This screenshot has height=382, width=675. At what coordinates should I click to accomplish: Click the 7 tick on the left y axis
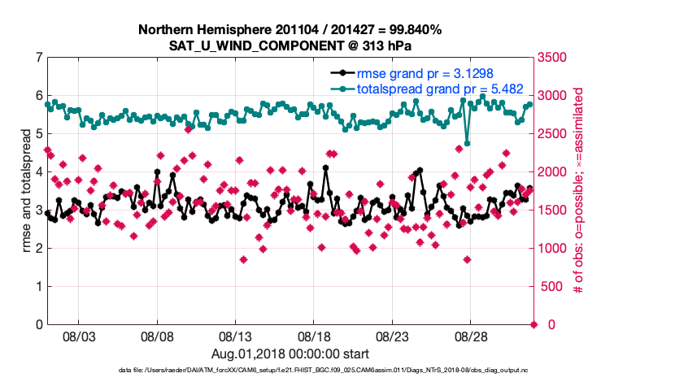point(38,58)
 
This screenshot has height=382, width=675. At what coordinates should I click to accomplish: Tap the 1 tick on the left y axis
point(38,287)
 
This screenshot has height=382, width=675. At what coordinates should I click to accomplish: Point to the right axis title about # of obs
point(579,191)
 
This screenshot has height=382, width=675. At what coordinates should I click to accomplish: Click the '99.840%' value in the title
point(412,30)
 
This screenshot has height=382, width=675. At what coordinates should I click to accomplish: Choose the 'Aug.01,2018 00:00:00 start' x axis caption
point(290,354)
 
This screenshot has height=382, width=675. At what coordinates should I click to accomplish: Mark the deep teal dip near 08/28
point(467,144)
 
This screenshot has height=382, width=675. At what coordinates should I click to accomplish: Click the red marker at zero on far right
point(533,324)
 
